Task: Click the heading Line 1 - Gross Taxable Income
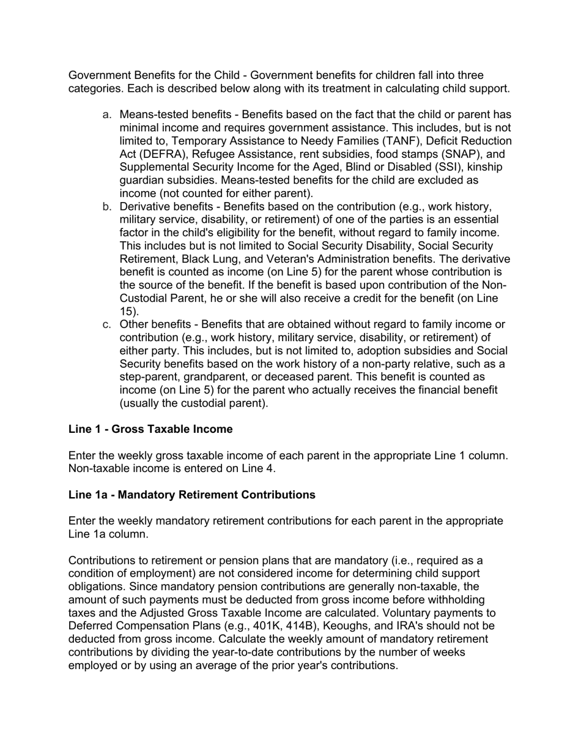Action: (150, 429)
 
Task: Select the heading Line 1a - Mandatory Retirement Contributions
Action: (192, 495)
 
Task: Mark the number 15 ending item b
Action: (128, 312)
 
